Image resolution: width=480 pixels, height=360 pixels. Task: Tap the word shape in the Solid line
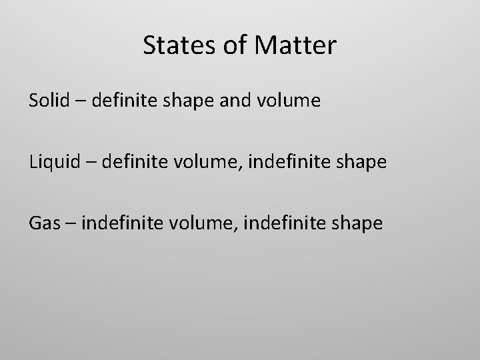185,102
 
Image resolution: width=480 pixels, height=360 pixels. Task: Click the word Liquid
55,162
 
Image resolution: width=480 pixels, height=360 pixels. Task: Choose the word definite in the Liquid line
133,161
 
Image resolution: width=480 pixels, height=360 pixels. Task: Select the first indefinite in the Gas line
120,223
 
